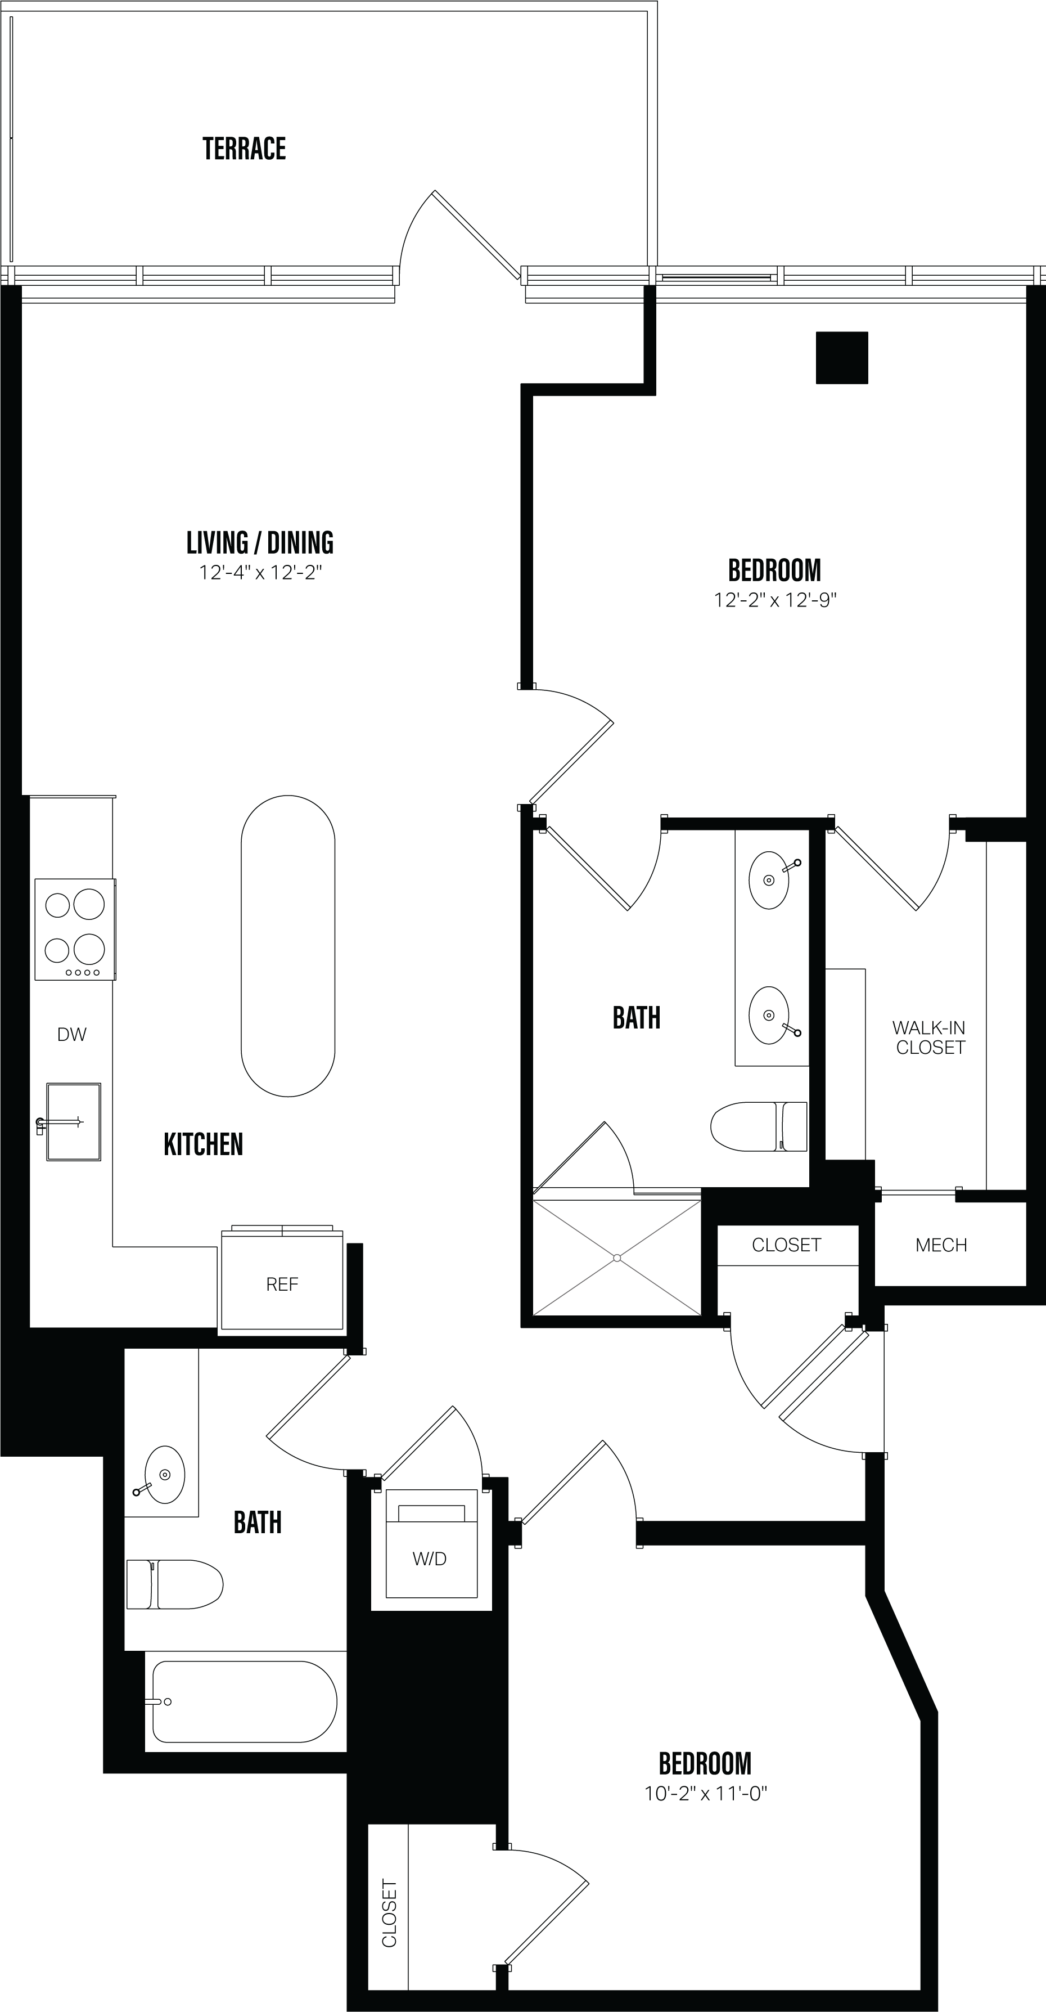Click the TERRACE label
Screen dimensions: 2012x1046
(x=244, y=149)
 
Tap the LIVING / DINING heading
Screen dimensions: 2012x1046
(x=260, y=542)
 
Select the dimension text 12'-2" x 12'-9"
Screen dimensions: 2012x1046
(x=774, y=600)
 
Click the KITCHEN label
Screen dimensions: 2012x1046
(x=203, y=1144)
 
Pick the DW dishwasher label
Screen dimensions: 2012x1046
(x=72, y=1034)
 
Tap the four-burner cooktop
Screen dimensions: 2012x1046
(x=75, y=929)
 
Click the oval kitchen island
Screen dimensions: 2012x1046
(x=288, y=946)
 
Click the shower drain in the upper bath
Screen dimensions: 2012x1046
(x=617, y=1258)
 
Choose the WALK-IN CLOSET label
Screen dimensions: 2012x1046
(x=930, y=1038)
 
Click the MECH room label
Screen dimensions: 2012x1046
(x=941, y=1245)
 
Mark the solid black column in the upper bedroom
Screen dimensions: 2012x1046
(x=841, y=358)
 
